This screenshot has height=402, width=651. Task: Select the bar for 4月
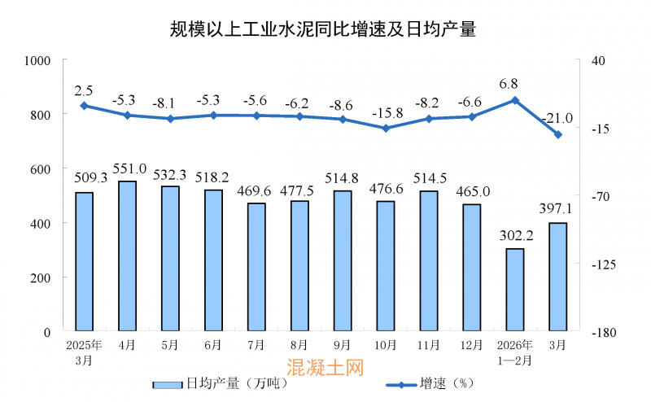(x=127, y=256)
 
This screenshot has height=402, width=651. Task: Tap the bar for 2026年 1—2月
(x=514, y=290)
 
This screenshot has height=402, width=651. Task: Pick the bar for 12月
(x=471, y=268)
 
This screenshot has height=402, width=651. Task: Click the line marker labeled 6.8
(x=514, y=100)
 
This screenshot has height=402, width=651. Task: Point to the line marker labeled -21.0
(x=558, y=135)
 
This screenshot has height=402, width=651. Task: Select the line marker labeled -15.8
(x=386, y=128)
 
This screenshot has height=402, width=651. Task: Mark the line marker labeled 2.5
(x=84, y=105)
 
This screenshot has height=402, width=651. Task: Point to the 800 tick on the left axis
(x=38, y=115)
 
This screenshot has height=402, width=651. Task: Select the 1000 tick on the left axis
(x=36, y=60)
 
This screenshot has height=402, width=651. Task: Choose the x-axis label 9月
(x=342, y=345)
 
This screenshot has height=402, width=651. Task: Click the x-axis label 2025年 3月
(x=84, y=352)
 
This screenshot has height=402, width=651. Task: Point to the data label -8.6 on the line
(x=342, y=105)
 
